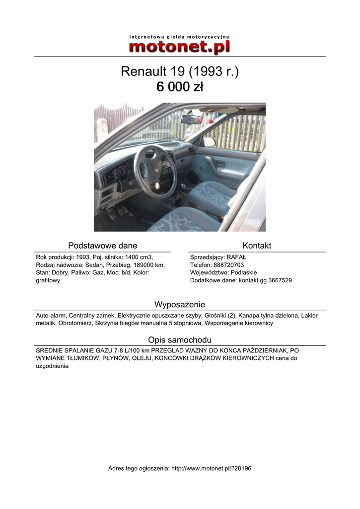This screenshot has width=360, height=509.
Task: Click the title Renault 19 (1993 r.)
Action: [x=180, y=72]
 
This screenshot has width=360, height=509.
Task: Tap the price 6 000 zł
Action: [x=180, y=87]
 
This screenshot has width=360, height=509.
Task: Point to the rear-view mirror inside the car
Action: [x=191, y=119]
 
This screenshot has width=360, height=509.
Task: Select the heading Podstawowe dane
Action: [x=102, y=246]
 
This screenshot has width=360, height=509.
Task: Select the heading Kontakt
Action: [x=257, y=246]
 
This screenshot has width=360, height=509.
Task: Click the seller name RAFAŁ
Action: [x=236, y=257]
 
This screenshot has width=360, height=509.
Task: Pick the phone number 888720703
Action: [x=230, y=265]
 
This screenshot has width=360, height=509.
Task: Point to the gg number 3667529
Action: [x=279, y=280]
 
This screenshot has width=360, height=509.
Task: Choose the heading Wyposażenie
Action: [x=180, y=304]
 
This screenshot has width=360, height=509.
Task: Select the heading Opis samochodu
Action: [x=180, y=340]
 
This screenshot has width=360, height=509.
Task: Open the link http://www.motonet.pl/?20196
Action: [x=211, y=468]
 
